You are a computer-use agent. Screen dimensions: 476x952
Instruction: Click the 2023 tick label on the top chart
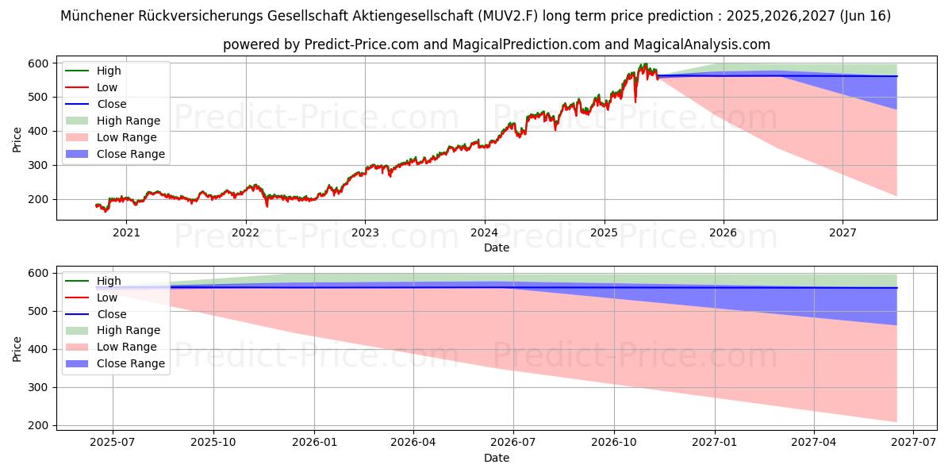[365, 232]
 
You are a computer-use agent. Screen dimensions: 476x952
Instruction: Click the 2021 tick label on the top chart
[126, 232]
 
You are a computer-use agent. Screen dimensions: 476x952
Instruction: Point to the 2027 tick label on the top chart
[843, 232]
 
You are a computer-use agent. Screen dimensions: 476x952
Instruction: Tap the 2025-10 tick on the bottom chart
[213, 443]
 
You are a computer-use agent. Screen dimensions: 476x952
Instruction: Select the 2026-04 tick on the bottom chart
[413, 443]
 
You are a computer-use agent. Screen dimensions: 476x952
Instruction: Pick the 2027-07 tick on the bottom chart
[913, 443]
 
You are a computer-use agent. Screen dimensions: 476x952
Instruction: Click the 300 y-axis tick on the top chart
[38, 165]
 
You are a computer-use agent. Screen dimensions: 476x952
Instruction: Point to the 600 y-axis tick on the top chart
[38, 63]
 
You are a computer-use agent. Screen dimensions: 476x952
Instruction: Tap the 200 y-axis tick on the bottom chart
[38, 426]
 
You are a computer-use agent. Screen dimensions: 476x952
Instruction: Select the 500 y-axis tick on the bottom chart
[38, 312]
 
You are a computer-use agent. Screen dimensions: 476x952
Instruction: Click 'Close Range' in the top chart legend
[131, 154]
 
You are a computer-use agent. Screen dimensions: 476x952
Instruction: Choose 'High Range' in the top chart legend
[129, 121]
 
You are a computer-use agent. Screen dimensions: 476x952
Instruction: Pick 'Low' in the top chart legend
[107, 87]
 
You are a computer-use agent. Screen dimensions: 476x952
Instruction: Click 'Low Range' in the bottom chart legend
[127, 347]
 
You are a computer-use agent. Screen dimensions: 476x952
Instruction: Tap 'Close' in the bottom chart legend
[112, 314]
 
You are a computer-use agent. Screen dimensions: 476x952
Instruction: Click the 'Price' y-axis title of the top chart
[17, 140]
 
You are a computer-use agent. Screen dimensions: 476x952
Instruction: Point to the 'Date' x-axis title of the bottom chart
[497, 458]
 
